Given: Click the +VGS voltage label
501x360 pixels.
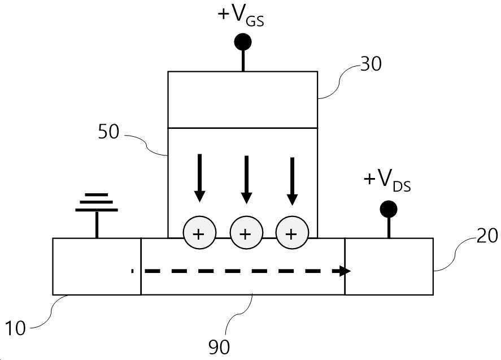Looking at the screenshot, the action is coord(241,16).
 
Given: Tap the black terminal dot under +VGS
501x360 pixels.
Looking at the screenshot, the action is coord(243,42).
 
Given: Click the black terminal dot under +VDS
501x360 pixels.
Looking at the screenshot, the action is coord(389,210).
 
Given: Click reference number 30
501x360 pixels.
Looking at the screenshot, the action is coord(371,64).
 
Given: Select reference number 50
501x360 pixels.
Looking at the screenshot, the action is coord(108,132).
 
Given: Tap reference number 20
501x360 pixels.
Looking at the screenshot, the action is coord(487,236).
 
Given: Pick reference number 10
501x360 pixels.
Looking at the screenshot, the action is coord(15,328).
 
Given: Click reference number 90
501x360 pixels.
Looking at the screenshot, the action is coord(219,347).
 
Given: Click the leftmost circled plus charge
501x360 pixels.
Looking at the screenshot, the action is coord(199,232).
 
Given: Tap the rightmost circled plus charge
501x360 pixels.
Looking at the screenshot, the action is coord(292,232).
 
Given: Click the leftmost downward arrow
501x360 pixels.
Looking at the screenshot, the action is coord(200,178).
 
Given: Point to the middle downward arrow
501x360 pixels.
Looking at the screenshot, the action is coord(246,179).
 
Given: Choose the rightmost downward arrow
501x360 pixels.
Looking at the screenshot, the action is coord(292,181).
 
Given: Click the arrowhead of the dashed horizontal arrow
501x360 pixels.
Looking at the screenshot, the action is coord(345,271).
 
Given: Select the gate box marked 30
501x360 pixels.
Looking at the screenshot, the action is coord(243,100).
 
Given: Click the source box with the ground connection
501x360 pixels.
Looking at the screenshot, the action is coord(97,266).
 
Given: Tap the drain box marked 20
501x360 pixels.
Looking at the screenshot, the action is coord(389,266).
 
